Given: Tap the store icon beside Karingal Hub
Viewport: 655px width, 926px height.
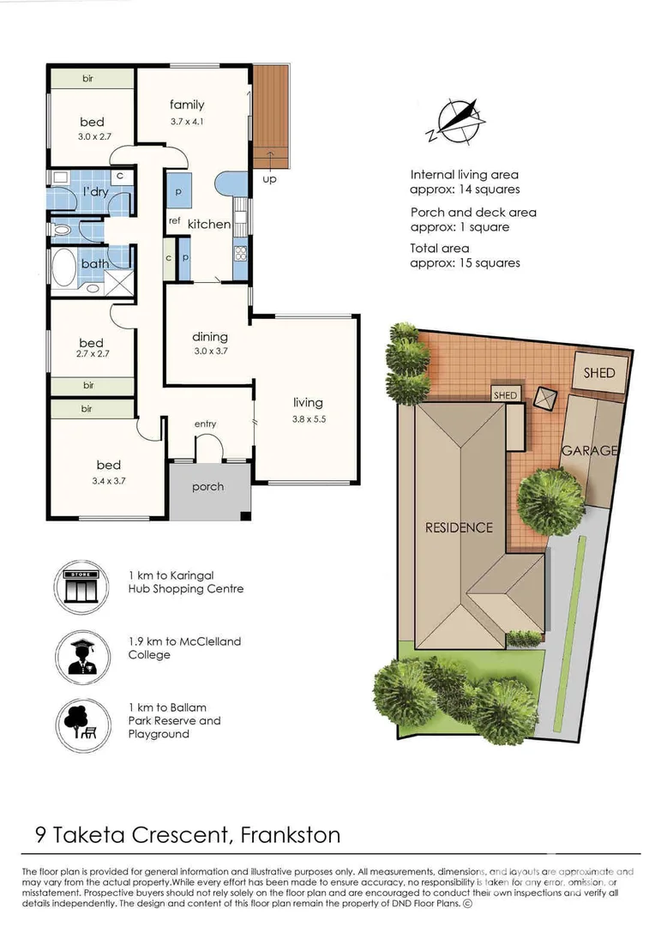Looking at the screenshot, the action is click(x=81, y=589).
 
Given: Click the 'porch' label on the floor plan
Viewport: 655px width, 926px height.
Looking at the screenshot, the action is click(x=207, y=487).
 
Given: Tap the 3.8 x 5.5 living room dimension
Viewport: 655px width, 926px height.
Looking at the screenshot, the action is click(x=309, y=419).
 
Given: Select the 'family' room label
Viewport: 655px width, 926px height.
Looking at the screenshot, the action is click(x=187, y=105).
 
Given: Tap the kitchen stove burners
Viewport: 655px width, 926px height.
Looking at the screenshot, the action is click(x=241, y=253).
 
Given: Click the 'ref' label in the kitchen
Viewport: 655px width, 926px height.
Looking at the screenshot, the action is click(x=174, y=221).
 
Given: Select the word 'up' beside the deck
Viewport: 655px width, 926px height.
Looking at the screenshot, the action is click(x=269, y=179).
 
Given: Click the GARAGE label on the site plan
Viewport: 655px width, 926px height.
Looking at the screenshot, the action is click(x=589, y=451).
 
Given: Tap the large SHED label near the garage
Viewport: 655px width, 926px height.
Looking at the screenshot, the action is click(x=599, y=373).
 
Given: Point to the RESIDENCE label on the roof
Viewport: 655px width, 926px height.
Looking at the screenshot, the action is click(x=459, y=527).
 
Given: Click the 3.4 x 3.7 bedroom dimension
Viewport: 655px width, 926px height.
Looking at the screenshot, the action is click(x=109, y=481).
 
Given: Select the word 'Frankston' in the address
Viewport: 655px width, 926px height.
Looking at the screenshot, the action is click(x=291, y=835).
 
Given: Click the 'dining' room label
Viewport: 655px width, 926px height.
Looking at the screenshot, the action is click(x=210, y=337).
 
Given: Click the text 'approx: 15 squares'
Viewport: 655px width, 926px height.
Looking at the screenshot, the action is click(x=466, y=263).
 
